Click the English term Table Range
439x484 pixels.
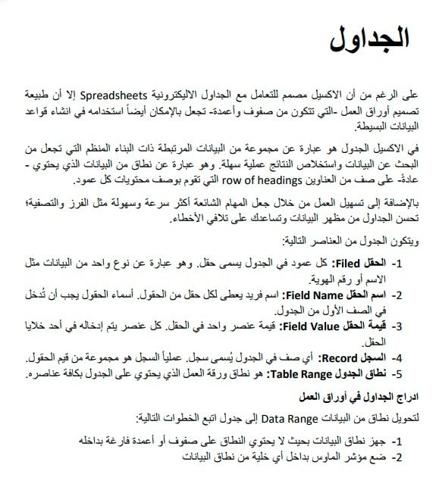coord(300,373)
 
